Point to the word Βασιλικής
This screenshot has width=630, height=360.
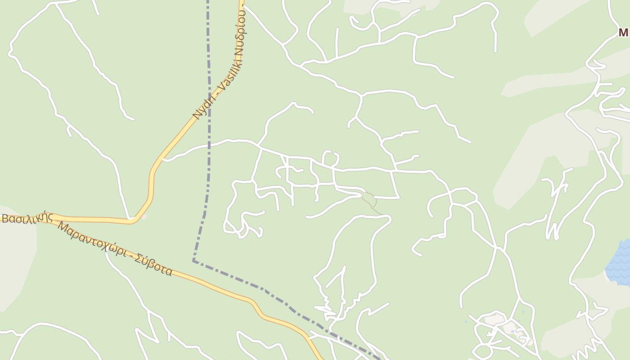(27, 219)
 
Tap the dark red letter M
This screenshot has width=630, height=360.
(623, 32)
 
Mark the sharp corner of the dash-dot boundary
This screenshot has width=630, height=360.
(193, 261)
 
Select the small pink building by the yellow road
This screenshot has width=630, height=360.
(143, 217)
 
